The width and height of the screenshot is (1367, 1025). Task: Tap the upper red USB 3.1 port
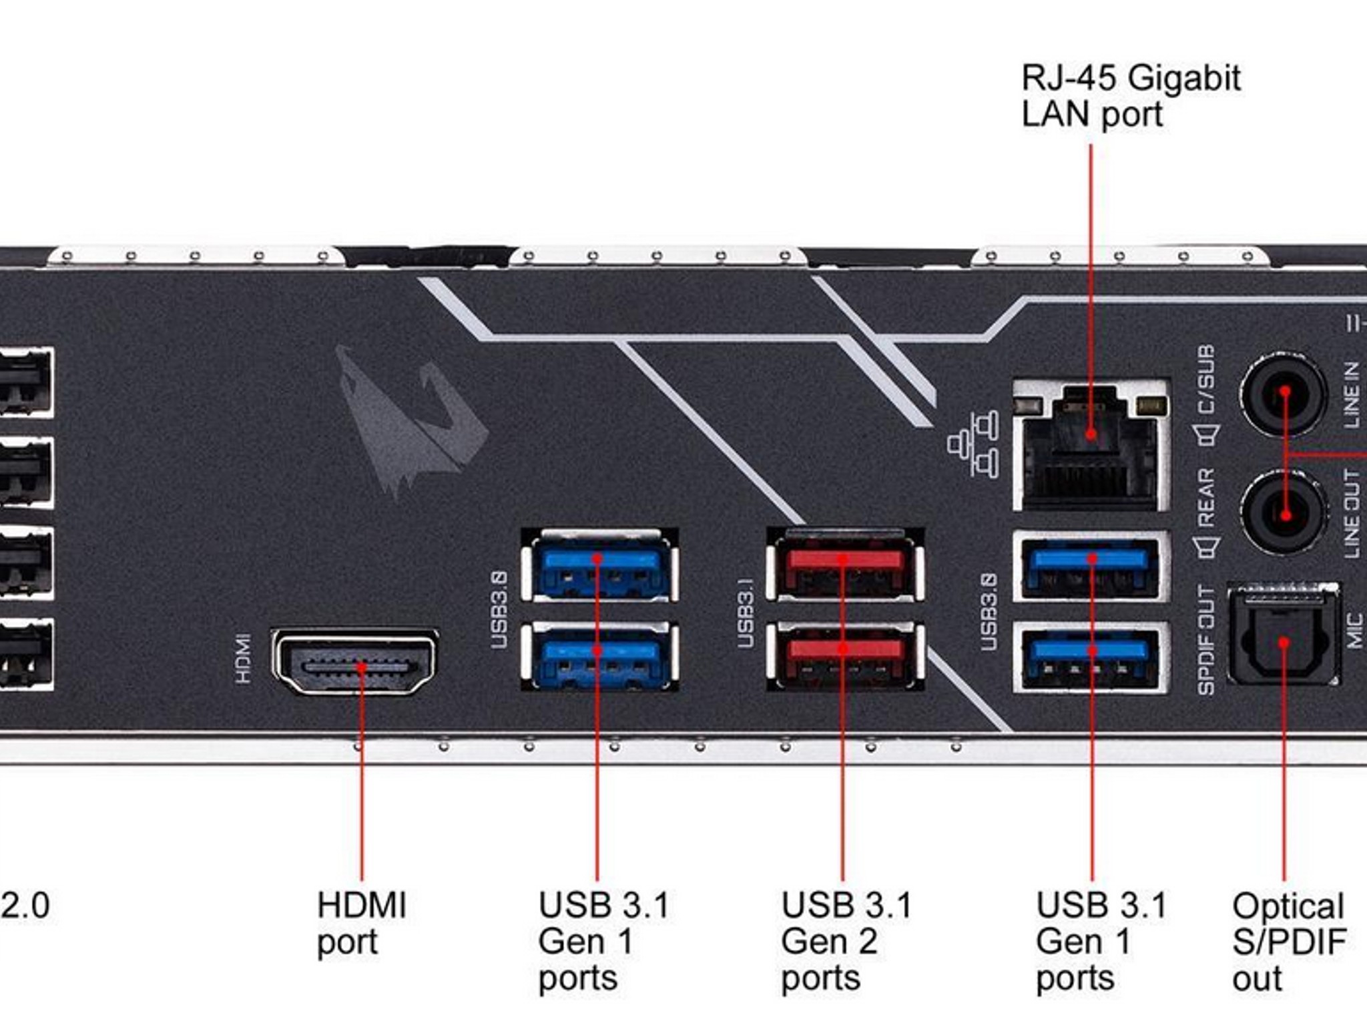pos(846,565)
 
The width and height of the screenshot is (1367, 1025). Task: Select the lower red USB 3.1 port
pos(846,656)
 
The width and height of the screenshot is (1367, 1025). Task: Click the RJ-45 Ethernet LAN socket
pos(1091,444)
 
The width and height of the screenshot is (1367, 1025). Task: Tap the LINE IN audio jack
pos(1282,394)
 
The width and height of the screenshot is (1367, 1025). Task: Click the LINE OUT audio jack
pos(1282,512)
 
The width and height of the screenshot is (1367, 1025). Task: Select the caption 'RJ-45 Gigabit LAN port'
pos(1131,95)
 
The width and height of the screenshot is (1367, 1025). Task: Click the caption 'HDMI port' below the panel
pos(361,924)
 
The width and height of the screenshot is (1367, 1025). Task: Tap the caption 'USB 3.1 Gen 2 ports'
pos(846,942)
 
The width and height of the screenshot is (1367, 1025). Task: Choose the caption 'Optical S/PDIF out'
pos(1288,942)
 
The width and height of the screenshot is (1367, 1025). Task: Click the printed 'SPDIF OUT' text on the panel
pos(1205,640)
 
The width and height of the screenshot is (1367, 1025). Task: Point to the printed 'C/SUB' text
pos(1205,379)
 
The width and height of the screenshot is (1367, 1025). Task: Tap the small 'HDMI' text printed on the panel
pos(244,659)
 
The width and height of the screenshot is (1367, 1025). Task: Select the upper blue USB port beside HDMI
pos(599,565)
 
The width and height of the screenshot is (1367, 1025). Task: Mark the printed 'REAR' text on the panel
pos(1205,498)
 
